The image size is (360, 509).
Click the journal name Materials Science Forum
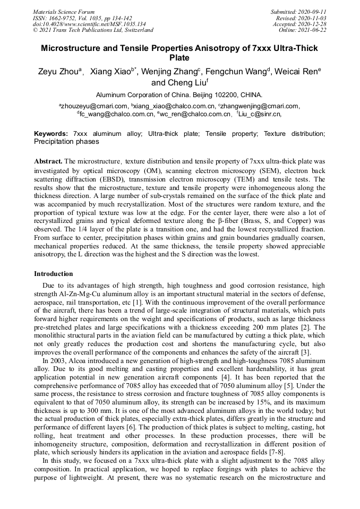[64, 12]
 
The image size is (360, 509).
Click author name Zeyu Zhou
[58, 72]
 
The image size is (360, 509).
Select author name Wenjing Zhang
[170, 72]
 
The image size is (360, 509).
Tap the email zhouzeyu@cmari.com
[95, 106]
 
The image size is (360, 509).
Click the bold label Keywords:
[51, 134]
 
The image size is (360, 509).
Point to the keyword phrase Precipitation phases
[66, 142]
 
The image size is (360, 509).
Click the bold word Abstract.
[48, 161]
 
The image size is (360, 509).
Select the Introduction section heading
[54, 274]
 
